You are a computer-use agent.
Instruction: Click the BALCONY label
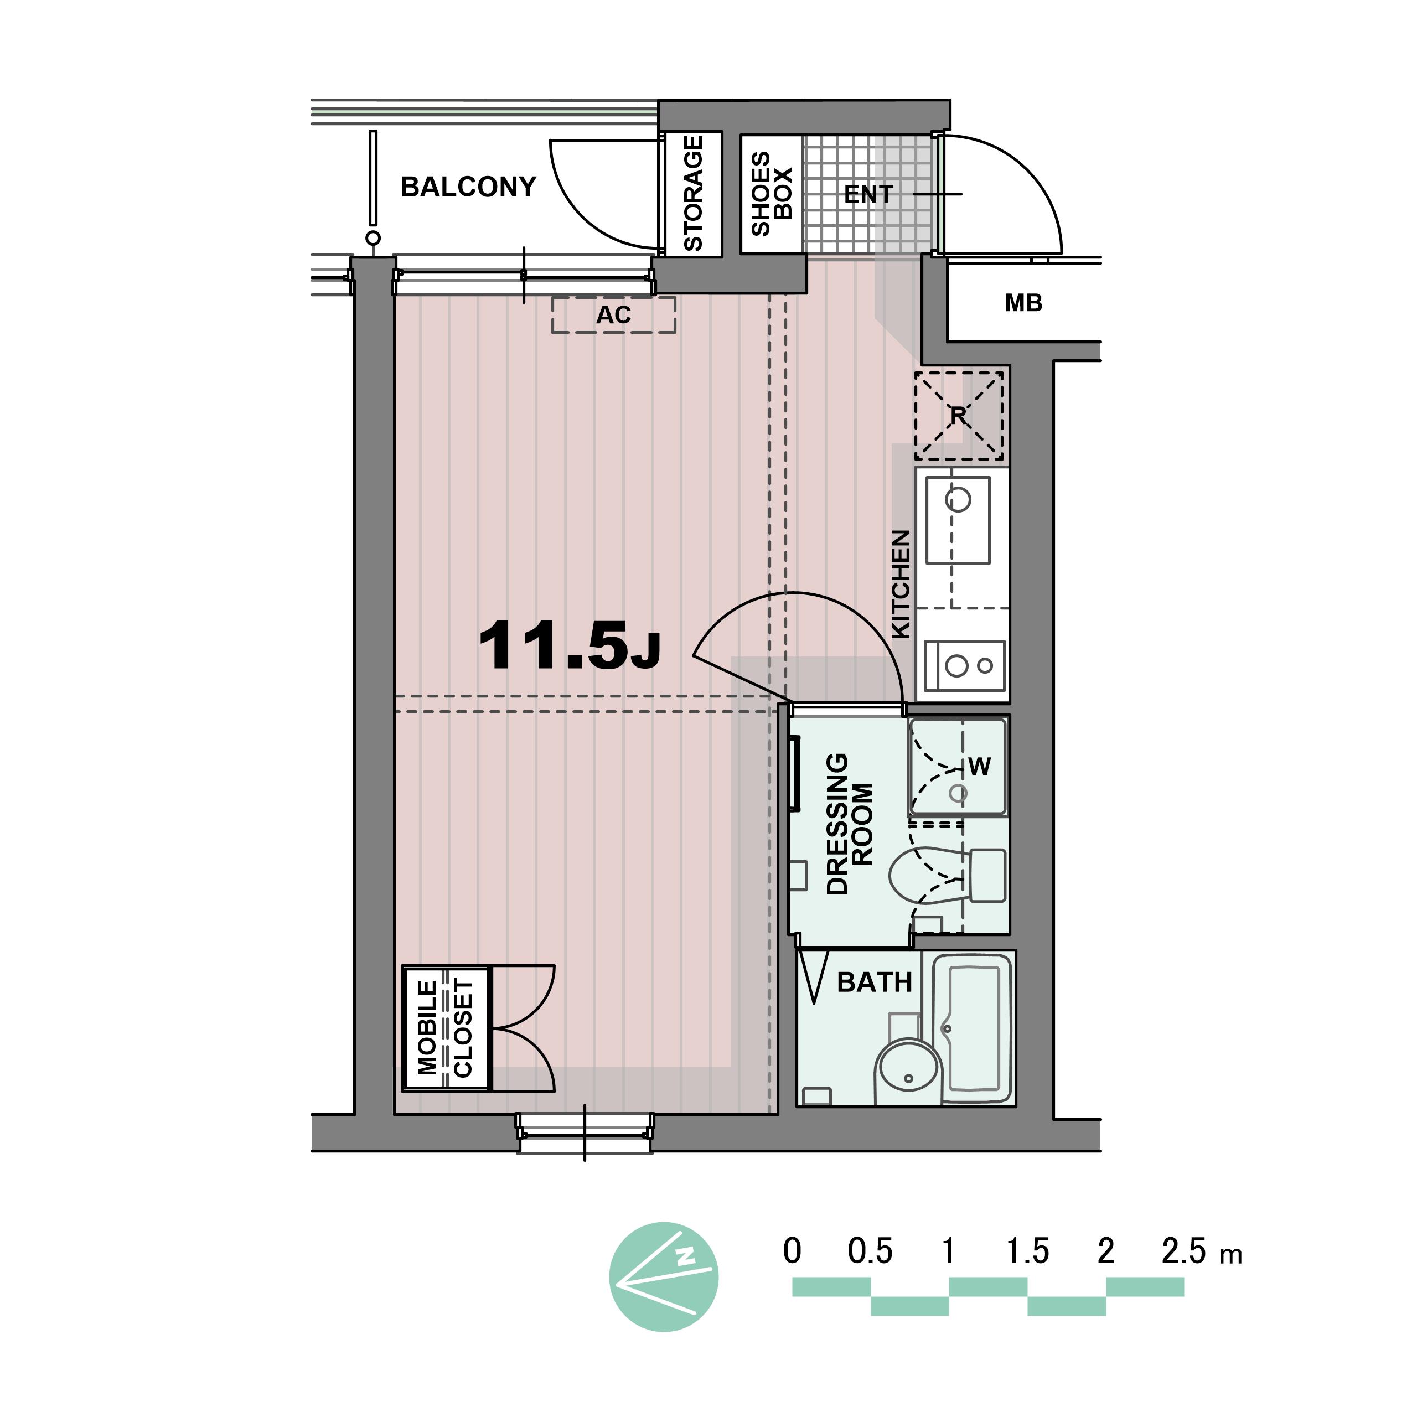pos(469,187)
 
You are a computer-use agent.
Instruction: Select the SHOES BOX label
pos(772,194)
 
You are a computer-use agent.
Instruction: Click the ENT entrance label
pos(868,194)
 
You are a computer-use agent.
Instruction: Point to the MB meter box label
pos(1023,303)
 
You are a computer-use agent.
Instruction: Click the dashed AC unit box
pos(614,314)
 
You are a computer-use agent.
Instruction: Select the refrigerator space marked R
pos(959,416)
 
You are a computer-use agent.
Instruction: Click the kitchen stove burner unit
pos(964,665)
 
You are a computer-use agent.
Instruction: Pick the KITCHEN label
pos(901,585)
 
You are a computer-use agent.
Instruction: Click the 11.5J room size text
pos(569,645)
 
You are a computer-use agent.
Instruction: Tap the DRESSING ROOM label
pos(849,824)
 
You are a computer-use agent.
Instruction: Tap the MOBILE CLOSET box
pos(446,1028)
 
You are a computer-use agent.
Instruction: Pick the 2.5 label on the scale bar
pos(1184,1251)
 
